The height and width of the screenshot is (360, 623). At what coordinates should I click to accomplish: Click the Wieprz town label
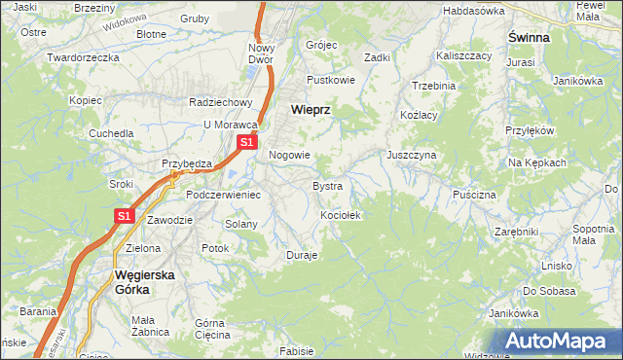click(x=311, y=110)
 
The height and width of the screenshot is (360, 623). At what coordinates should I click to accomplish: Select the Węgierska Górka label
click(x=144, y=281)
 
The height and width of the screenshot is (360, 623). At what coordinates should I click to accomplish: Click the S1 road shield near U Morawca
click(x=246, y=142)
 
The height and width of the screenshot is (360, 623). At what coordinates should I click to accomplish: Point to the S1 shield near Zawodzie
click(x=125, y=217)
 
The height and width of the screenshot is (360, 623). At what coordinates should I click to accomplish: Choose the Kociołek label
click(x=341, y=215)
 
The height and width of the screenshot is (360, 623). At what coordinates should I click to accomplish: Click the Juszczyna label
click(x=411, y=155)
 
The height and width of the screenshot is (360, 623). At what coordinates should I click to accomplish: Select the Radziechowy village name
click(x=221, y=102)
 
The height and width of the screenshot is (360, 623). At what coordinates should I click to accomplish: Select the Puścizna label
click(x=474, y=195)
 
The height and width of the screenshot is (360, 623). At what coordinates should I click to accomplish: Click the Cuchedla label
click(x=111, y=133)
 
